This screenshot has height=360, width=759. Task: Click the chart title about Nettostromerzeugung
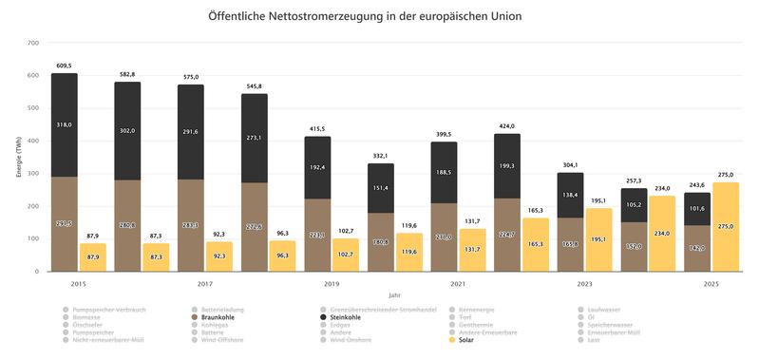coord(379,17)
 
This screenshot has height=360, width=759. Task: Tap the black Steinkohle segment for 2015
coord(65,124)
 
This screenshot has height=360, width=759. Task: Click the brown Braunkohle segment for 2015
coord(65,224)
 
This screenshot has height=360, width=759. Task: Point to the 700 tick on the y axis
coord(32,43)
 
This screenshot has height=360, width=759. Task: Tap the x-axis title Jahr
coord(394,295)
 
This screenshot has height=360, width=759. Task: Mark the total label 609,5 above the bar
coord(65,66)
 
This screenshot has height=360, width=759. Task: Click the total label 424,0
coord(506,125)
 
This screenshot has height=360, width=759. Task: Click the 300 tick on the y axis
coord(32,174)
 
